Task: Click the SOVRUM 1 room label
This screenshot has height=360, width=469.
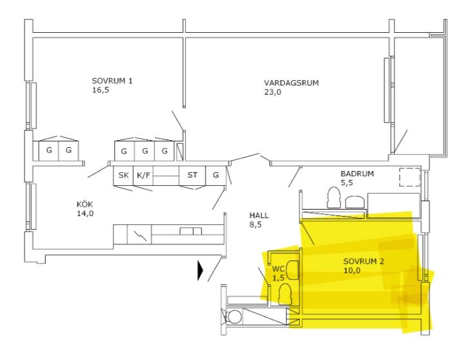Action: (112, 81)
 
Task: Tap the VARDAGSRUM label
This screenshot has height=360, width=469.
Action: (291, 83)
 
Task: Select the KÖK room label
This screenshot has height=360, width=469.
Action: (85, 204)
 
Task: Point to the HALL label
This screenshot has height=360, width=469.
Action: (259, 215)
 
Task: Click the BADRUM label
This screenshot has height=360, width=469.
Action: (357, 174)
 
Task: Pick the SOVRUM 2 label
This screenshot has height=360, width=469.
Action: (363, 262)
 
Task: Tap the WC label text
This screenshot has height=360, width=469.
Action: (277, 269)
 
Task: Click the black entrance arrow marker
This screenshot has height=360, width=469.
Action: (200, 271)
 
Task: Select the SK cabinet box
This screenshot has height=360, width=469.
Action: (124, 175)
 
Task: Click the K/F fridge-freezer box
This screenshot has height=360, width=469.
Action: (143, 175)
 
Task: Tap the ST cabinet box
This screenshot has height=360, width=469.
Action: (192, 175)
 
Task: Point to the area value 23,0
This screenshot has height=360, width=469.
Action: (273, 92)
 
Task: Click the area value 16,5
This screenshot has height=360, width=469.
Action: (101, 90)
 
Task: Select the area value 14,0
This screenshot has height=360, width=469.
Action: (86, 213)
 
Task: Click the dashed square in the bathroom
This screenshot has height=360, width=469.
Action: (409, 177)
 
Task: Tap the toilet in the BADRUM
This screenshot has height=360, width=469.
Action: (334, 197)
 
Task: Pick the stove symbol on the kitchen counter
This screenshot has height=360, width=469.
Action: (140, 235)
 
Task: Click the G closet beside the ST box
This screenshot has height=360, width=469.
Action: (216, 175)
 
